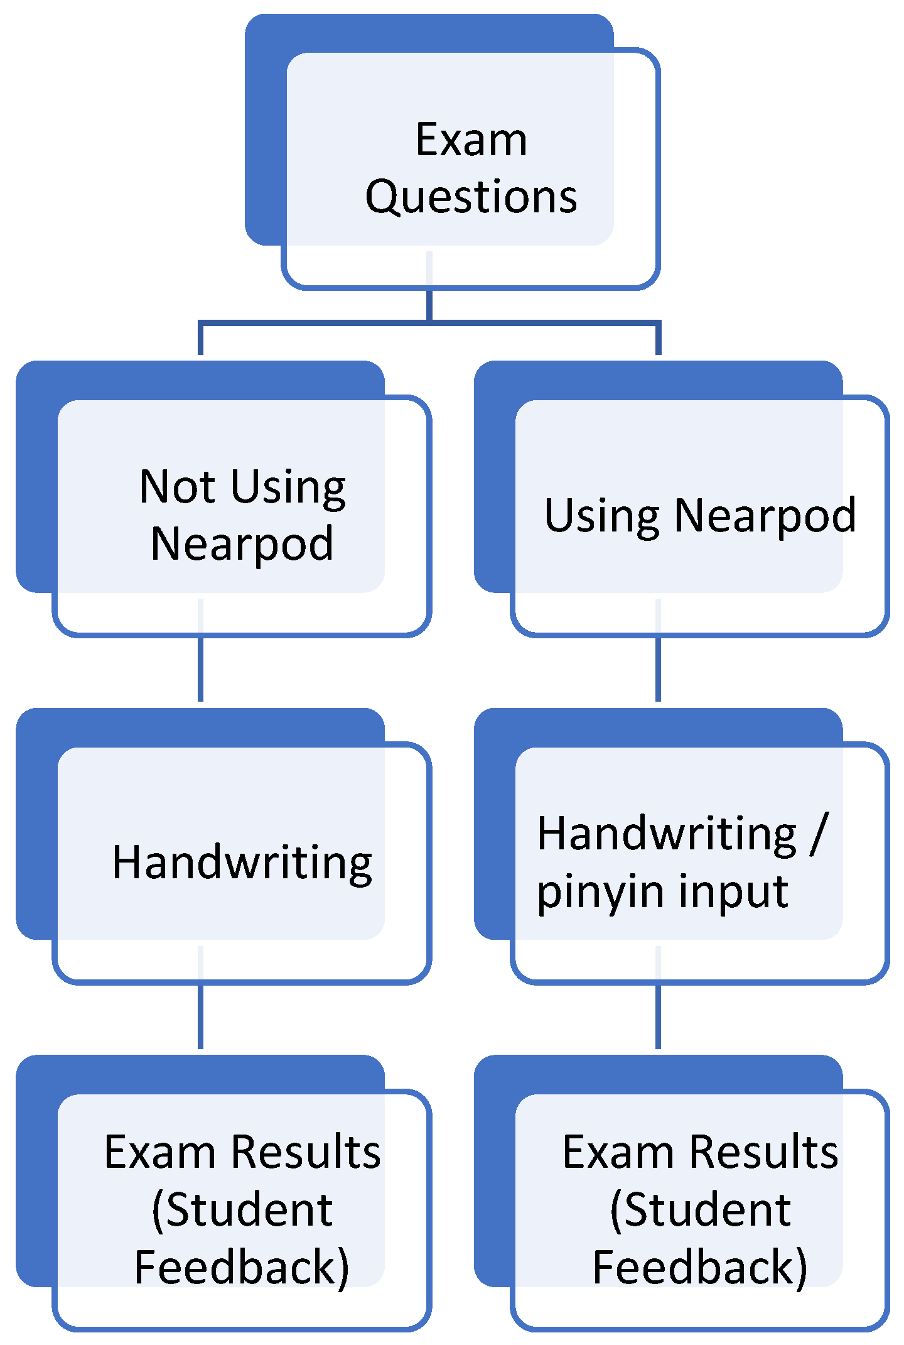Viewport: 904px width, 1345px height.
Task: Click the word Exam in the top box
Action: pos(471,139)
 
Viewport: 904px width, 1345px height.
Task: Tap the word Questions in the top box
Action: pos(471,197)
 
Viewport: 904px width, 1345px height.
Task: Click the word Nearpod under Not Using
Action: pos(242,544)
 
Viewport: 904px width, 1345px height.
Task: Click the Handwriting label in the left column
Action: pos(242,863)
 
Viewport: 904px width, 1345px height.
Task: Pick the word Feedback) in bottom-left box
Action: pos(242,1267)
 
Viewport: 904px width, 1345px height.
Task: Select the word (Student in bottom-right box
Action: pos(700,1210)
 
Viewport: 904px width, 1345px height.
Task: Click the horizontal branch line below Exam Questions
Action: pos(314,323)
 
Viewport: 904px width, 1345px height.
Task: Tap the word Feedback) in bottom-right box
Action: pos(700,1267)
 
